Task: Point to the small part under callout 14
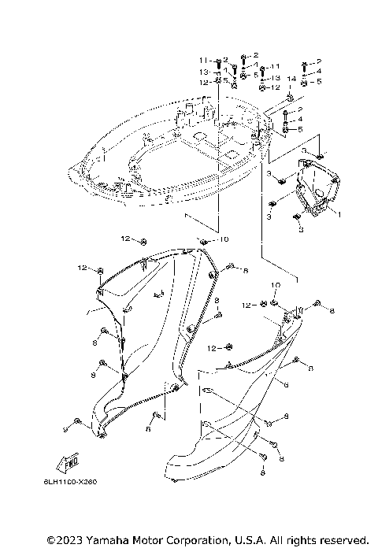(290, 97)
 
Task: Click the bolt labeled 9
(77, 422)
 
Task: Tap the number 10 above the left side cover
(224, 239)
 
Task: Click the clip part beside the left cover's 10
(203, 241)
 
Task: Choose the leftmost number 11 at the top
(202, 61)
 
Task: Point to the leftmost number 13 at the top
(202, 72)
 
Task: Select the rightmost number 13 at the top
(276, 79)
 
